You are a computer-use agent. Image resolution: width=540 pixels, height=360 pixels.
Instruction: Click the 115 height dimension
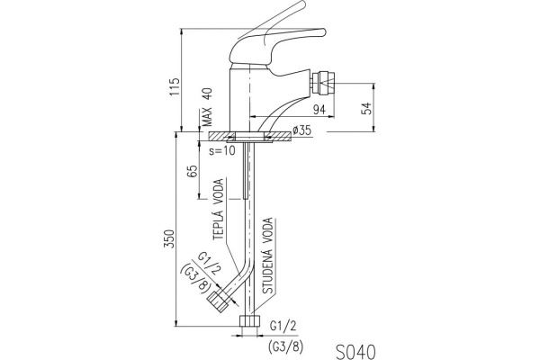tap(175, 86)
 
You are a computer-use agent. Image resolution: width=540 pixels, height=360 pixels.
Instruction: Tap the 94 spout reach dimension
tap(318, 110)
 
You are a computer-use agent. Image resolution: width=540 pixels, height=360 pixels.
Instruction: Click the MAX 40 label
tap(205, 105)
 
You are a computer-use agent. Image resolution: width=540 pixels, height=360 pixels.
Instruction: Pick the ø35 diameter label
tap(301, 131)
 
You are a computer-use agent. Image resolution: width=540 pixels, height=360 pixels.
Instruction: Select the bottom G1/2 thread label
tap(281, 328)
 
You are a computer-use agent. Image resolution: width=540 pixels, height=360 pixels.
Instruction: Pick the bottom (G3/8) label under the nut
tap(286, 343)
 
